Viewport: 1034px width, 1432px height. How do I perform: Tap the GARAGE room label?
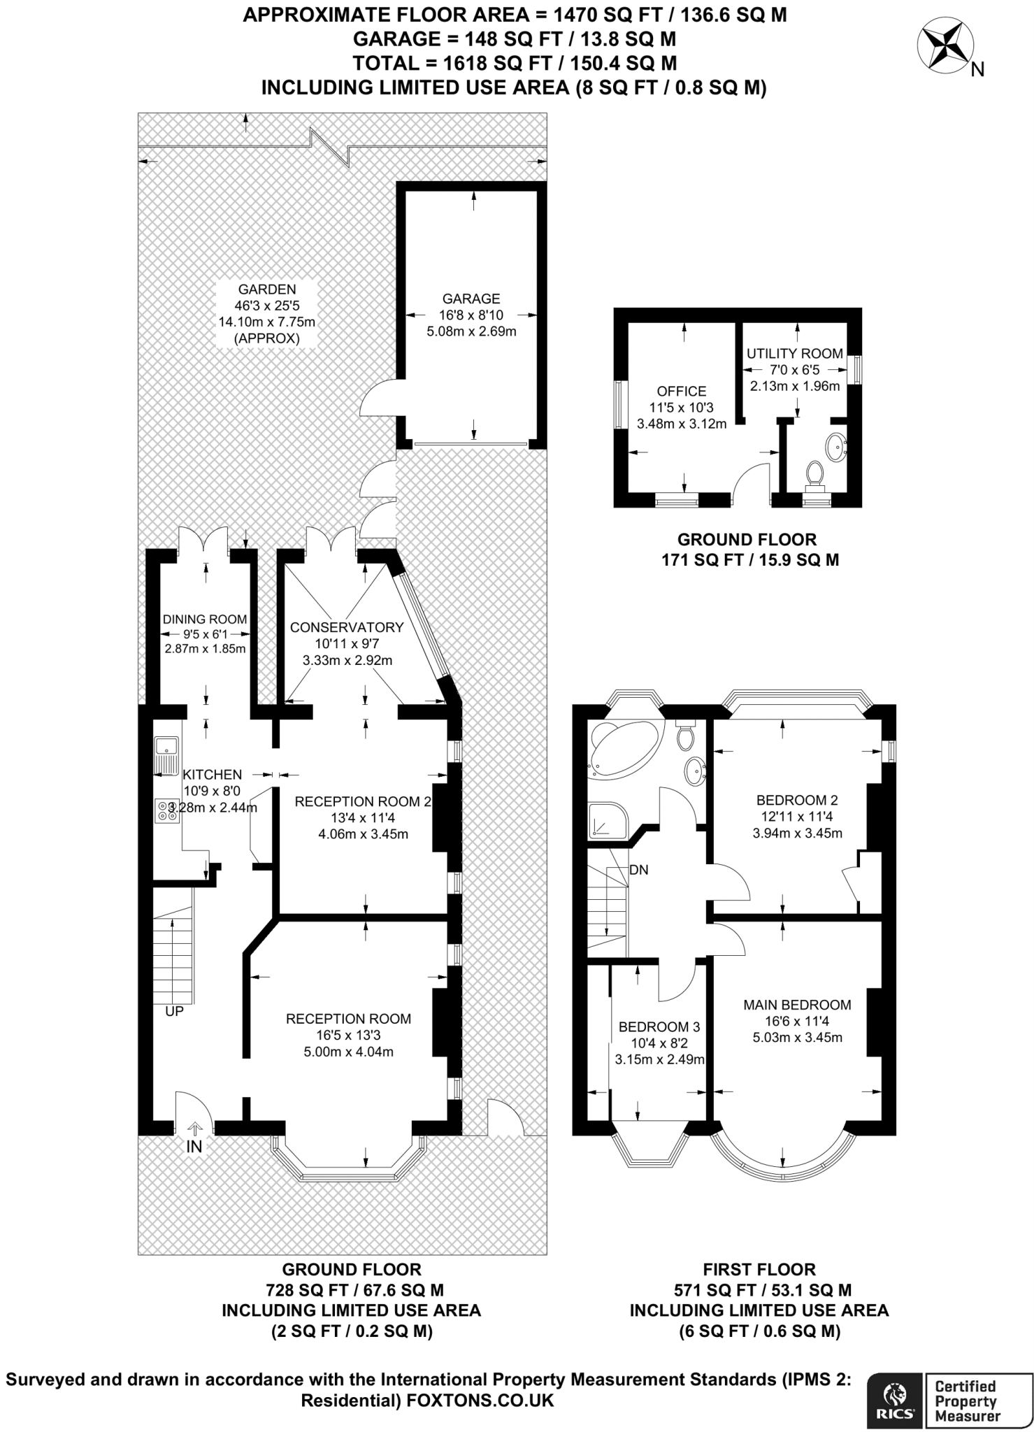pos(471,299)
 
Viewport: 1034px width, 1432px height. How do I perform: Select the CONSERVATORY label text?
pos(347,627)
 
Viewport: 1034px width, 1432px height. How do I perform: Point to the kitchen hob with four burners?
pos(167,810)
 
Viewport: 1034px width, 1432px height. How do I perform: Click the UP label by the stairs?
pos(174,1012)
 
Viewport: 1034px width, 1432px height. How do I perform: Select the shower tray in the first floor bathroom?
pos(608,820)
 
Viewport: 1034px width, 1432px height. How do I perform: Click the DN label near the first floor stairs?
pos(639,870)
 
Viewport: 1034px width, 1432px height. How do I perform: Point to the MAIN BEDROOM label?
pos(797,1005)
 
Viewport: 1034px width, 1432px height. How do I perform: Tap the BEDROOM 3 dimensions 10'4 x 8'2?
pos(659,1043)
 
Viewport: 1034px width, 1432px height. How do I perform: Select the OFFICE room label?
pos(682,392)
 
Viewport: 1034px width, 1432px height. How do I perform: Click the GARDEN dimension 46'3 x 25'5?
pos(267,306)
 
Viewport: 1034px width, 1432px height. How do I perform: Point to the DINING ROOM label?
pos(205,619)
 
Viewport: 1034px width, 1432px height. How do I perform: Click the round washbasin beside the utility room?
pos(837,446)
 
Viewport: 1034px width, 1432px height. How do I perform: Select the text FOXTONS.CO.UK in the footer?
pos(480,1400)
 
